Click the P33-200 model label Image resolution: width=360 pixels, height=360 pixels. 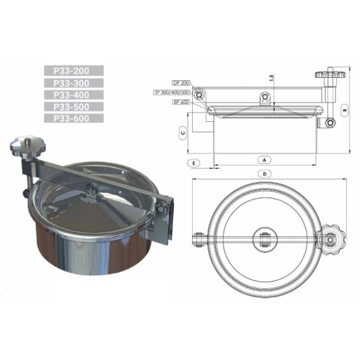pos(74,71)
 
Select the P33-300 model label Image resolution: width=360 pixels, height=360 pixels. pos(74,83)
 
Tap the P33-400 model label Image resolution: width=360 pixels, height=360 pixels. pos(74,95)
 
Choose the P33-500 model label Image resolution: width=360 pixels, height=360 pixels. pos(74,106)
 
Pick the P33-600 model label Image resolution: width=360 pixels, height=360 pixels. pos(74,118)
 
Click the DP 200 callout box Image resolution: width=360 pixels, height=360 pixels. pos(181,83)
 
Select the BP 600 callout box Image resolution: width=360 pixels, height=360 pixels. pos(181,102)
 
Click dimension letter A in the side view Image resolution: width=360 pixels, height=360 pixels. pos(264,159)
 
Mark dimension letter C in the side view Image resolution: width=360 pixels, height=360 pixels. pos(181,132)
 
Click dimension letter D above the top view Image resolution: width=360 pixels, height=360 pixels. pos(265,174)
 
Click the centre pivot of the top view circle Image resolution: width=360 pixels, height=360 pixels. pos(265,238)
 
